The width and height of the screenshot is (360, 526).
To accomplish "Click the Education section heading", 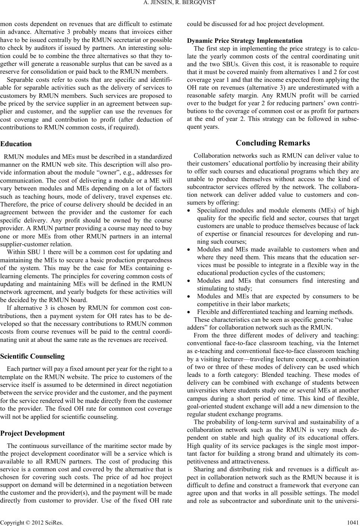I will point(16,144).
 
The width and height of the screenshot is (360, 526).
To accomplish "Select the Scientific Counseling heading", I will point(32,356).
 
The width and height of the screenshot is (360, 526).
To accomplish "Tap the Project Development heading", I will point(32,433).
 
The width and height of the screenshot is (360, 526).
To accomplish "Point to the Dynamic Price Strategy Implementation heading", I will point(244,41).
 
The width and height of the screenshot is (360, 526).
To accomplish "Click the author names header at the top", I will point(180,4).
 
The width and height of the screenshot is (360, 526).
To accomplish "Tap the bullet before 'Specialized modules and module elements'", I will point(190,211).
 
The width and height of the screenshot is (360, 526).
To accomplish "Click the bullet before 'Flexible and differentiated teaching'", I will point(190,312).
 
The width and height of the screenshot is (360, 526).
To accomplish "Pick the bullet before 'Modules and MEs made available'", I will point(190,250).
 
